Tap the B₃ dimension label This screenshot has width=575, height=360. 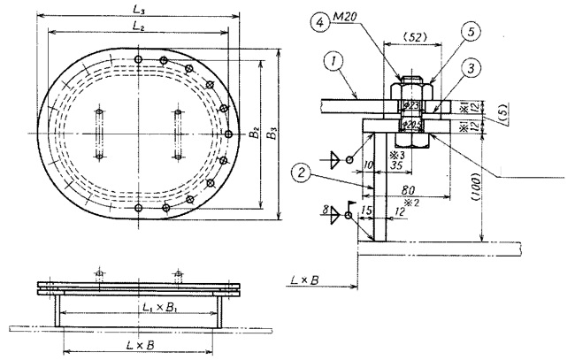coord(274,133)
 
